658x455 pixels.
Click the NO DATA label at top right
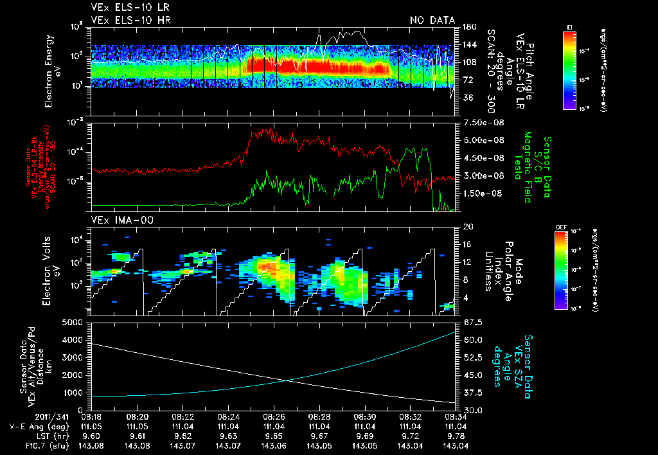click(x=432, y=20)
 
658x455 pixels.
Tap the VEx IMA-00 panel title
click(x=118, y=220)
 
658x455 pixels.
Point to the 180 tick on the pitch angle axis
click(x=468, y=27)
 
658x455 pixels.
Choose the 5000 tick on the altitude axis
click(x=76, y=322)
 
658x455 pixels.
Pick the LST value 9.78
click(x=455, y=435)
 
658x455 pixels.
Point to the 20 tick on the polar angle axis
click(x=468, y=227)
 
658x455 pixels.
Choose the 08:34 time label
click(x=456, y=416)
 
